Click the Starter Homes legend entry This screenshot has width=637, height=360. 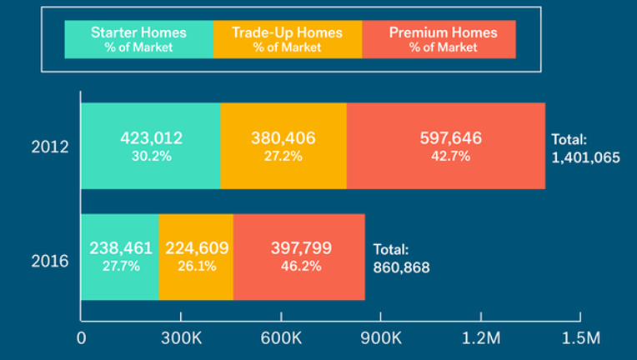point(139,39)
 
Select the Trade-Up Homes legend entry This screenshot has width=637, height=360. point(288,39)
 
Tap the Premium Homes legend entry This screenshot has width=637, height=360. point(439,39)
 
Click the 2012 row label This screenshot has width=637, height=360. point(50,147)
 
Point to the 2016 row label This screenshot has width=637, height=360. point(50,261)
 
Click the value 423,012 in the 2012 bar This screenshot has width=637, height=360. point(151,138)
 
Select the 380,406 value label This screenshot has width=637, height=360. point(283,138)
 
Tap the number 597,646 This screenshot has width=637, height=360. point(450,138)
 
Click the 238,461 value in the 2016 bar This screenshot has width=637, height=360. point(121,248)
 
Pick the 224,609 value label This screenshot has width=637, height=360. point(197,248)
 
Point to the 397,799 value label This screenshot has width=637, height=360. point(301,248)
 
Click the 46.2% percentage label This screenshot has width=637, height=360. point(301,266)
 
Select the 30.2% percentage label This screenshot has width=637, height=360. point(151,157)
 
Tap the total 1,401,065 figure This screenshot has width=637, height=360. point(585,157)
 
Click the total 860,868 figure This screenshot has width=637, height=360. point(401,267)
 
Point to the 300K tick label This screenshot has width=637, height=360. point(181,337)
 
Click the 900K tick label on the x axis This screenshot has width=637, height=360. point(381,337)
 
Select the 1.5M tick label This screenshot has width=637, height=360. point(580,337)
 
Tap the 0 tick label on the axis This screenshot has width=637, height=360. point(81,338)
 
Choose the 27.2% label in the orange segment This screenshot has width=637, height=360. point(283,157)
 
